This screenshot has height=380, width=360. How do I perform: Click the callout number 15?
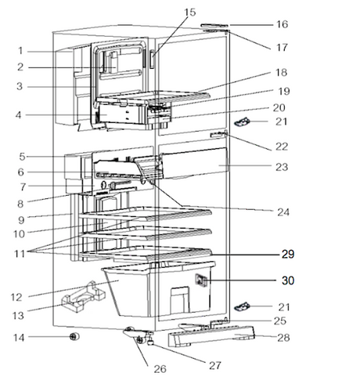click(190, 13)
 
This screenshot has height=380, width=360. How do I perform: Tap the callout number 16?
click(282, 24)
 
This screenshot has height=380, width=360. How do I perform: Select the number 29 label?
click(288, 254)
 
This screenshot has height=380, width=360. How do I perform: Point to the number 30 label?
click(288, 280)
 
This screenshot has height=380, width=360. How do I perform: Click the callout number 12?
click(16, 297)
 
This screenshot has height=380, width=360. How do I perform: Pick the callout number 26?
click(160, 369)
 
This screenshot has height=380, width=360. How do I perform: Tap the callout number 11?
click(20, 254)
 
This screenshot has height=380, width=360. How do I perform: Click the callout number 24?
click(283, 212)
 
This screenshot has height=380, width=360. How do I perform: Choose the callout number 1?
click(20, 51)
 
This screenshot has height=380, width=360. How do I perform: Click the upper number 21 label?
click(282, 121)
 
